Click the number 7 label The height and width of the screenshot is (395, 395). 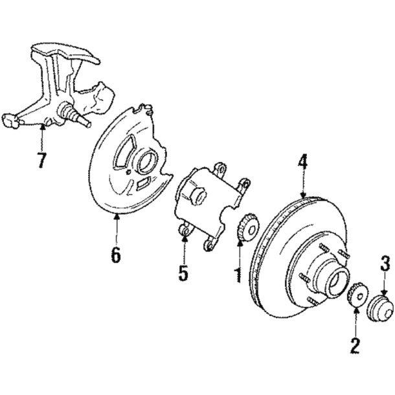coord(42,159)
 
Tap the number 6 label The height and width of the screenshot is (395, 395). coord(115,254)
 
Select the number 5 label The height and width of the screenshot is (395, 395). coord(183,273)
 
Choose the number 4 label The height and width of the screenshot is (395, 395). coord(302,161)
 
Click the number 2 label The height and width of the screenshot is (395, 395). coord(355,344)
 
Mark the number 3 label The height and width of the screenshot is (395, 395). coord(385,263)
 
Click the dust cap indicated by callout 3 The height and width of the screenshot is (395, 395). coord(380,308)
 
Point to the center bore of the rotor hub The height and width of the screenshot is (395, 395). coord(338,280)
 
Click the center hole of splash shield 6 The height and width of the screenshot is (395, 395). coord(144,161)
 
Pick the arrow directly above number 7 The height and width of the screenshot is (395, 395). coord(42,136)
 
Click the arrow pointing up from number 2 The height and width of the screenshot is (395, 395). coord(355,321)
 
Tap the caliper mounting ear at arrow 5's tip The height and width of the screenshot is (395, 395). coord(184,231)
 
